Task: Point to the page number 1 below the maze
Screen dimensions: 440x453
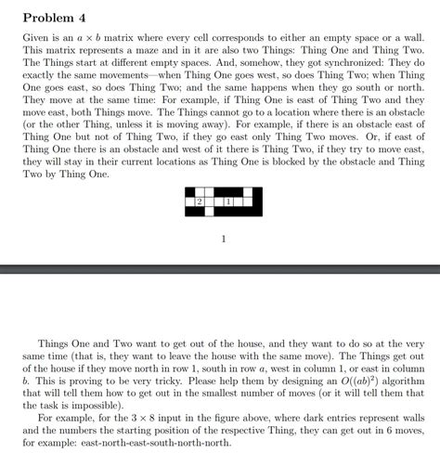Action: click(224, 239)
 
